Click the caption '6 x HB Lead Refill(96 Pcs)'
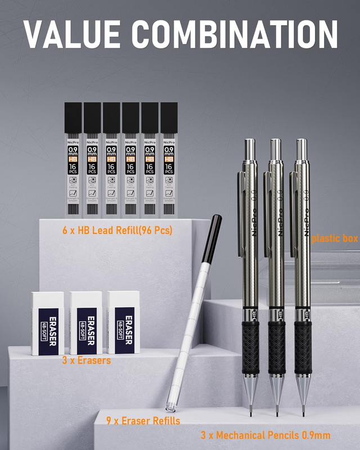click(118, 230)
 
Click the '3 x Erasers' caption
click(86, 360)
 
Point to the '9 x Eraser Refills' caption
click(143, 420)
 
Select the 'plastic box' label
click(334, 238)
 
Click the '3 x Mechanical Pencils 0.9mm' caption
click(265, 435)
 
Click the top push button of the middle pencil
click(276, 148)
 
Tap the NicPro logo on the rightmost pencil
click(306, 219)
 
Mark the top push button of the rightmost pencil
click(301, 148)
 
